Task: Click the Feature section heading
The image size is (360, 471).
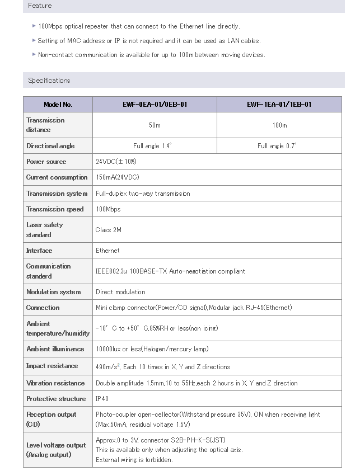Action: (40, 6)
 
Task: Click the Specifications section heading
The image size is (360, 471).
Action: (49, 81)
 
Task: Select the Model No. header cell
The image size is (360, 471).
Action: (58, 105)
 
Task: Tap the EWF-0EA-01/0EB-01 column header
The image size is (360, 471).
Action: (155, 105)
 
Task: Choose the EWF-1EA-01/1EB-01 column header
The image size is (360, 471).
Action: (279, 105)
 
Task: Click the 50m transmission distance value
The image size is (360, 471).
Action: (155, 125)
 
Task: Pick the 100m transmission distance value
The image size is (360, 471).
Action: (279, 125)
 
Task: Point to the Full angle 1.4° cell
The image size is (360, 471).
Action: (152, 146)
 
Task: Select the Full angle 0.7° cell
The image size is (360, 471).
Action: (277, 146)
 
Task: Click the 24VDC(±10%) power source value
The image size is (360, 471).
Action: (116, 162)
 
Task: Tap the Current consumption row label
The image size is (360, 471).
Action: (57, 177)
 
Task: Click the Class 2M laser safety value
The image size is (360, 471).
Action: (109, 230)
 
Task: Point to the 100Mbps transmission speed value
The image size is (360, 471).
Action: (108, 209)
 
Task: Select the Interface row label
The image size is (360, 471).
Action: (39, 251)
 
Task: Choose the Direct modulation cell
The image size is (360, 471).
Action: (120, 292)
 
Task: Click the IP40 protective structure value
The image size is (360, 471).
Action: (103, 399)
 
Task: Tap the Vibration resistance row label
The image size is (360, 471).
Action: (55, 383)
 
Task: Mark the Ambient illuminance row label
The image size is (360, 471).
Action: (55, 349)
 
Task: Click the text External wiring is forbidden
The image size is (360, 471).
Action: (134, 460)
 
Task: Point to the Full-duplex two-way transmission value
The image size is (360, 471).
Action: (143, 194)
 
